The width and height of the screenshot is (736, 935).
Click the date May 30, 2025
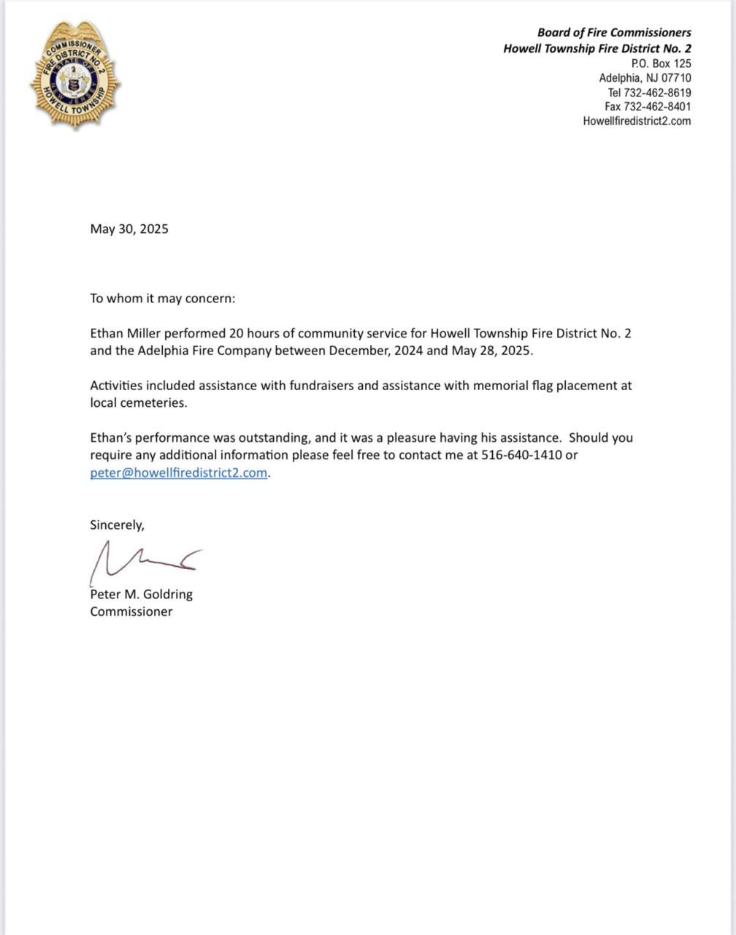click(129, 229)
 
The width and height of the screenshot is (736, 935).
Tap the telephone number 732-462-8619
click(656, 93)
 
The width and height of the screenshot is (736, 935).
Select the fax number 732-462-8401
click(656, 107)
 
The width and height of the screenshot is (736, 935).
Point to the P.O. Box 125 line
click(661, 64)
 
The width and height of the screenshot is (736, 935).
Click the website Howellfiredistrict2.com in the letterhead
click(637, 121)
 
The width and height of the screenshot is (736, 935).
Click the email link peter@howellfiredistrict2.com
click(179, 473)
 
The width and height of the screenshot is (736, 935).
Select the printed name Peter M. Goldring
click(141, 595)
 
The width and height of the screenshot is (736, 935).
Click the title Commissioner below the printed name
click(131, 611)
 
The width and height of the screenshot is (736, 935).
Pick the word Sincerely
click(117, 524)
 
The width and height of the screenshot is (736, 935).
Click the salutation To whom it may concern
click(163, 298)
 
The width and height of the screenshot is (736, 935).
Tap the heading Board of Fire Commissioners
click(614, 32)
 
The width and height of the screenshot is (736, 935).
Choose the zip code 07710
click(676, 78)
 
